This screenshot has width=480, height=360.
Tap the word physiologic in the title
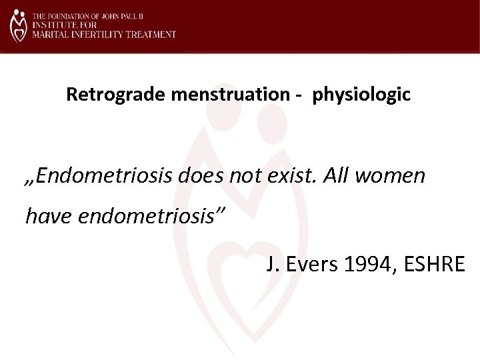pyautogui.click(x=361, y=95)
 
